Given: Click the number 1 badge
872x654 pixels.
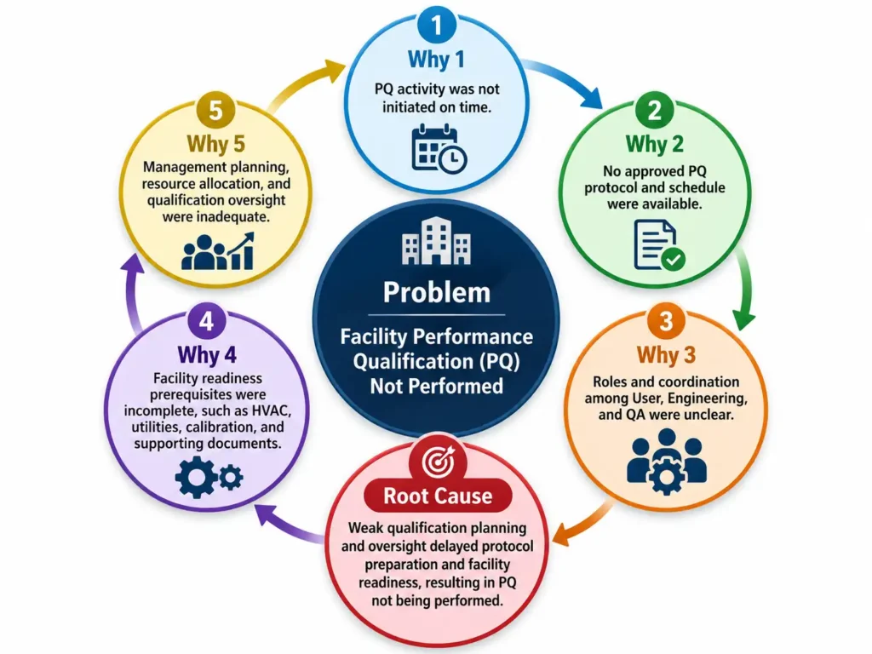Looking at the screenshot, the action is point(437,25).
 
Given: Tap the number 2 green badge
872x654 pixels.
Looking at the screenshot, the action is point(655,111).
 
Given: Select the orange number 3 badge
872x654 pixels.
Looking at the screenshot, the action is point(666,322).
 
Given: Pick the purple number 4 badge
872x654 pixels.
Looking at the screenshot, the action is point(206,322).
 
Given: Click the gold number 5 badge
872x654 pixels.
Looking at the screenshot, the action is point(215,111).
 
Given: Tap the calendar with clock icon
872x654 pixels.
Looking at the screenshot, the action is point(439,149).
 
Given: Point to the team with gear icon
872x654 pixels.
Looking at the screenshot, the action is point(666,461).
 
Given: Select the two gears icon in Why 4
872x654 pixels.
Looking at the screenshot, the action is point(209,477).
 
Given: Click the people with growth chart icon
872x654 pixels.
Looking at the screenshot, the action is point(217,251).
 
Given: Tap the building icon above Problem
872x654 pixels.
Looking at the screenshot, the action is point(437,240).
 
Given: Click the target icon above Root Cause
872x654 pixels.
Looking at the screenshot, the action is point(439,461).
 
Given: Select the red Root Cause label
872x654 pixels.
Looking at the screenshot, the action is point(439,496).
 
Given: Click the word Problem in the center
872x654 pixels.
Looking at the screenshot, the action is point(437,292).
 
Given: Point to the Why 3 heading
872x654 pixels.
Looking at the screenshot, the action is point(666,355).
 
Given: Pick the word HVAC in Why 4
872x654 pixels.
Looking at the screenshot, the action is point(272,411).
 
